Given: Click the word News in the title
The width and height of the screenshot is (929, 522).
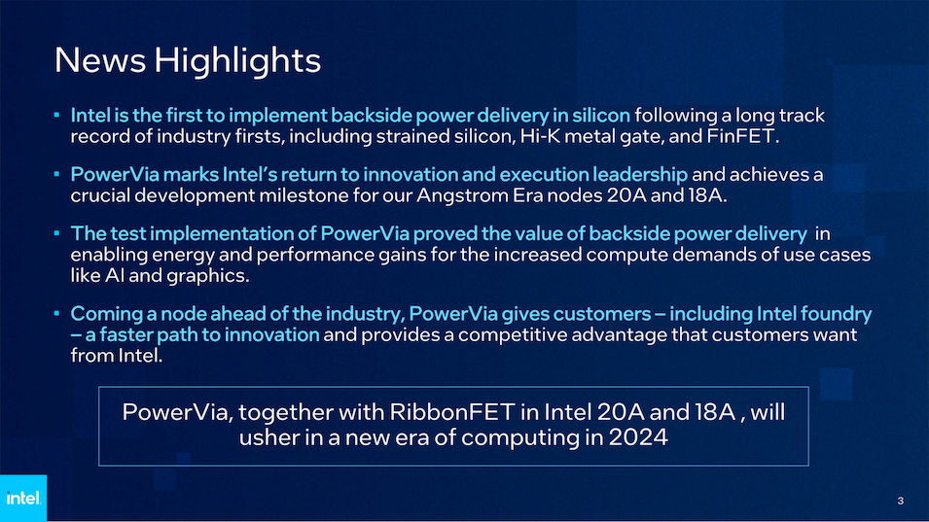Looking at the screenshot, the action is [x=99, y=59].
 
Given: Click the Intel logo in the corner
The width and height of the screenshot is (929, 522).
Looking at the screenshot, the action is [x=23, y=498].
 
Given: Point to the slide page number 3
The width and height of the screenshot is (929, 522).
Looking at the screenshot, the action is [x=900, y=501].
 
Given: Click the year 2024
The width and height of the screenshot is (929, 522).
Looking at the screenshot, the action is [x=638, y=436].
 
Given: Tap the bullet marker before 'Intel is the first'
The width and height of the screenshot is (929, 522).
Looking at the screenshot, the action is [x=56, y=115].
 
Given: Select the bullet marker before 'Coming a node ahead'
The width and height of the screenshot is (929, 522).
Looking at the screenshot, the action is [x=56, y=313].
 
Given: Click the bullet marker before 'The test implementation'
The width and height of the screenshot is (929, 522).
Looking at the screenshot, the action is [x=56, y=233].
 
